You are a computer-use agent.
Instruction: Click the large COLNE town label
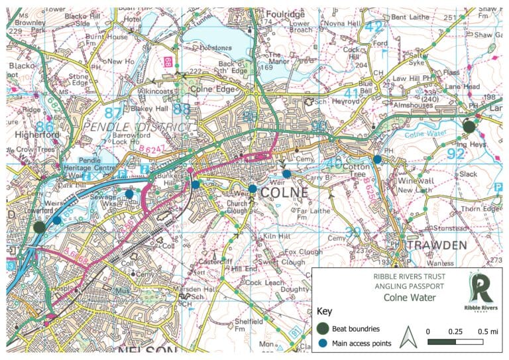(x=284, y=192)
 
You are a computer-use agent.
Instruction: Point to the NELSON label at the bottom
(x=148, y=351)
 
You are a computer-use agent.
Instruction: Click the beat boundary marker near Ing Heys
(x=469, y=126)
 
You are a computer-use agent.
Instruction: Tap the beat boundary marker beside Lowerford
(x=39, y=227)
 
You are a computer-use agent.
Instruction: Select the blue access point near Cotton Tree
(x=377, y=159)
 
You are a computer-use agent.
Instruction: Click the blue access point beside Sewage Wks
(x=129, y=194)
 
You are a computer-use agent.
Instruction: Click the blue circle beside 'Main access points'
(x=323, y=343)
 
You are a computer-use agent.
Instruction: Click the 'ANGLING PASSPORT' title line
(x=394, y=288)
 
